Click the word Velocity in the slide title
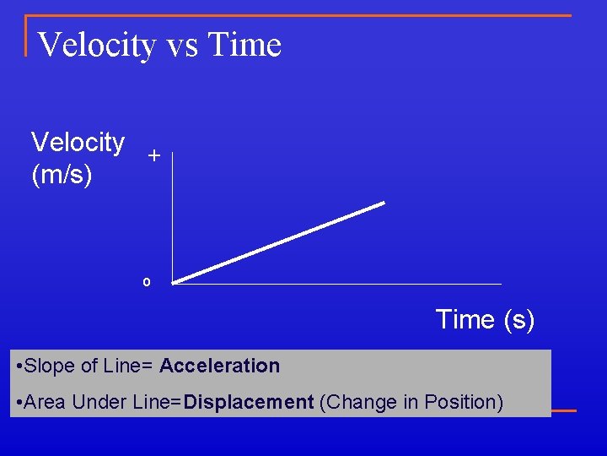click(96, 45)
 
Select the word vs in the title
click(181, 46)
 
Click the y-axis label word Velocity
click(78, 143)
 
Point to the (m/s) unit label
click(62, 176)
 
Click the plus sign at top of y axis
click(153, 156)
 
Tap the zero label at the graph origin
click(146, 282)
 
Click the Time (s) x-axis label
click(485, 320)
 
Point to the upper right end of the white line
click(383, 204)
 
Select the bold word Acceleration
click(219, 366)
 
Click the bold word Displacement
click(249, 403)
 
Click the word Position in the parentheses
click(467, 403)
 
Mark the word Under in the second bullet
click(100, 403)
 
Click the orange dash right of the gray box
click(564, 411)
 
